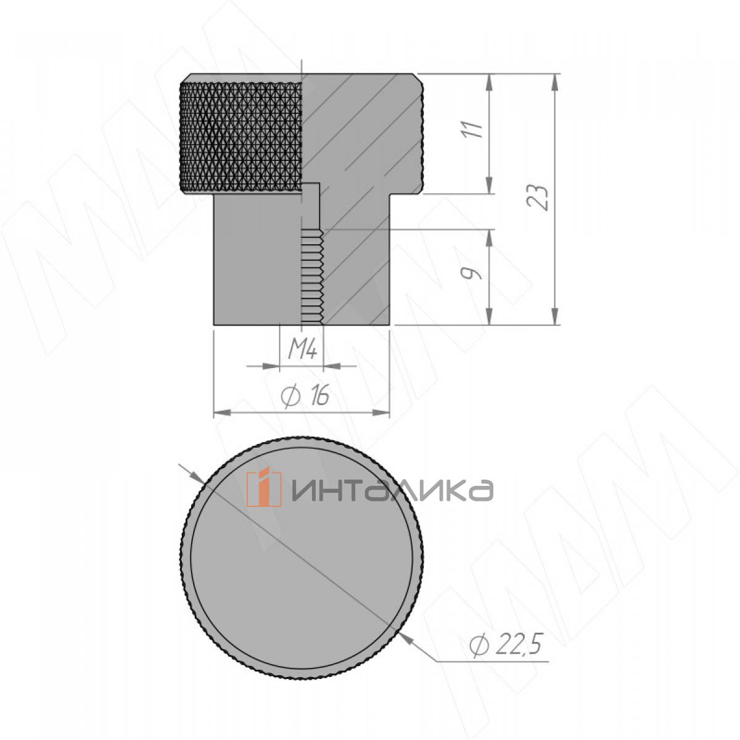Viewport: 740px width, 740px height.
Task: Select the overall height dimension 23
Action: pos(538,197)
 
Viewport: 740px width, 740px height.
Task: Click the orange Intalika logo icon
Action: pos(264,488)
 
